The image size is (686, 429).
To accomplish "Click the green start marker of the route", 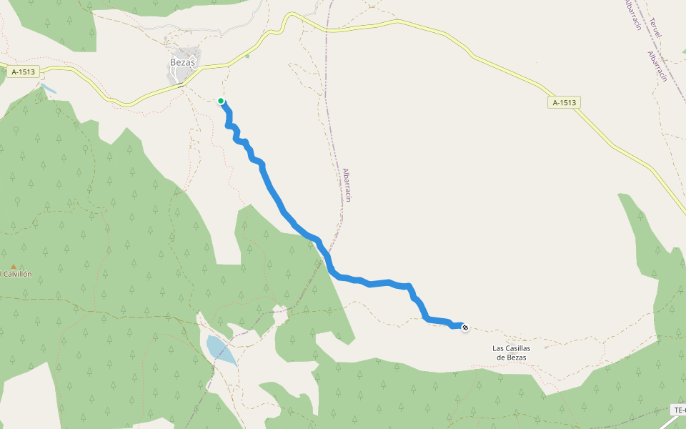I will click(x=222, y=101).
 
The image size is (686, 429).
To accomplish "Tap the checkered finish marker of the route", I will click(x=465, y=327).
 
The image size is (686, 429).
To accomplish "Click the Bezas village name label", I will click(x=183, y=62).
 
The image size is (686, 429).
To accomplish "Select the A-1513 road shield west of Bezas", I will click(x=24, y=71).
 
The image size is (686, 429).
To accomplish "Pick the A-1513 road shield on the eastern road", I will click(x=564, y=102).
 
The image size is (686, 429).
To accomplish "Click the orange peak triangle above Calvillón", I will click(x=14, y=266).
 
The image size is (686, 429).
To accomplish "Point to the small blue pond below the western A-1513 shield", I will click(x=49, y=89).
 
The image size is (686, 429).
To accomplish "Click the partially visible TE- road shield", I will click(x=679, y=410).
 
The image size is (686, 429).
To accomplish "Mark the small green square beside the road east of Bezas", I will click(x=247, y=56).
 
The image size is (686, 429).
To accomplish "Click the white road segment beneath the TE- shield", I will click(x=669, y=422).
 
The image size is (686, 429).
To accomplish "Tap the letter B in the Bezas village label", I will click(x=173, y=62).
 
